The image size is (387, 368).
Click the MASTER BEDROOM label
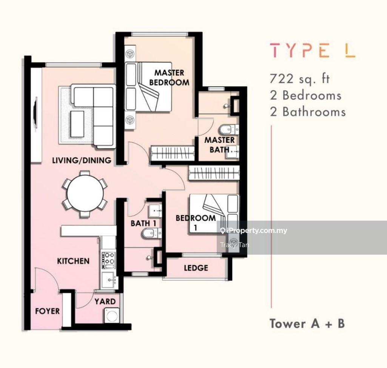pyautogui.click(x=169, y=77)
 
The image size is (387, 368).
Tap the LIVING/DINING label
pyautogui.click(x=82, y=160)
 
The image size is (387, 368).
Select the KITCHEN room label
pyautogui.click(x=73, y=261)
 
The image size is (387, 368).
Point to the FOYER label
pyautogui.click(x=48, y=311)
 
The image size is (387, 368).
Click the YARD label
pyautogui.click(x=105, y=302)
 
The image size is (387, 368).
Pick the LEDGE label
pyautogui.click(x=196, y=268)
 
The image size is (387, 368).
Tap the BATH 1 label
pyautogui.click(x=143, y=223)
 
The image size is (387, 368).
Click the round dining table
pyautogui.click(x=85, y=193)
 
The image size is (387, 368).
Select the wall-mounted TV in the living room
pyautogui.click(x=36, y=113)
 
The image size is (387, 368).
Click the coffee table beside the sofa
pyautogui.click(x=77, y=124)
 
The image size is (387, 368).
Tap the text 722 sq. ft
pyautogui.click(x=300, y=79)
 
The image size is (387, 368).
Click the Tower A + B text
pyautogui.click(x=307, y=323)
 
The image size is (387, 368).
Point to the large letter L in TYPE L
pyautogui.click(x=350, y=50)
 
